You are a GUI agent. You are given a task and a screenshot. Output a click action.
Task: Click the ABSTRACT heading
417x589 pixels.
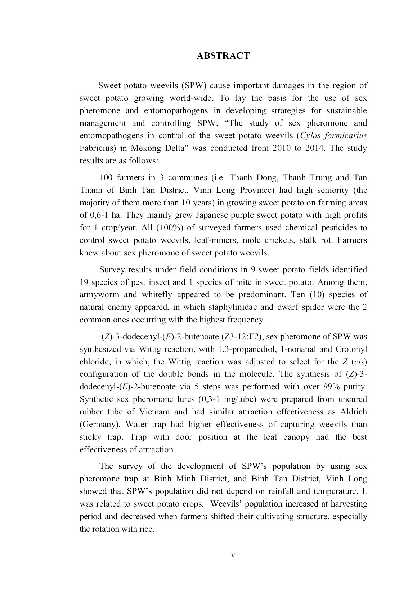[x=223, y=56]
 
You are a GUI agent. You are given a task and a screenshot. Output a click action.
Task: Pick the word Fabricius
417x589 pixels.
[x=98, y=148]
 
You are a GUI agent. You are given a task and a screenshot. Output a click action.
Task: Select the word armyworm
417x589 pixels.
[x=99, y=295]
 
